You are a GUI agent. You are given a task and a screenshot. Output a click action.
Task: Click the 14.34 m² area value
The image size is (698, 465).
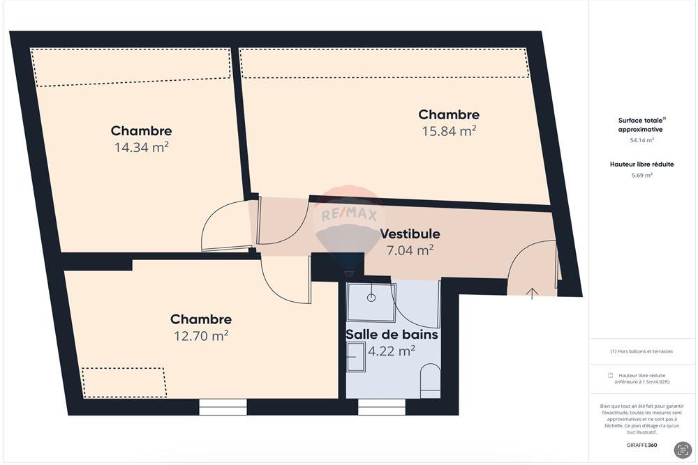pyautogui.click(x=142, y=147)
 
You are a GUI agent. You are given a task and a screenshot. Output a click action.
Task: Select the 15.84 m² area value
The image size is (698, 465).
pyautogui.click(x=449, y=131)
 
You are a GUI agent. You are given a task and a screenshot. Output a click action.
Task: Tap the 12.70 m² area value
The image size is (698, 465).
pyautogui.click(x=201, y=335)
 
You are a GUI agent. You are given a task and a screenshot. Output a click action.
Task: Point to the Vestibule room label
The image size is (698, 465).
pyautogui.click(x=410, y=234)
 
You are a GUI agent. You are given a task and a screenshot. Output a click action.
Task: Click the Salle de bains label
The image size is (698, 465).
pyautogui.click(x=392, y=335)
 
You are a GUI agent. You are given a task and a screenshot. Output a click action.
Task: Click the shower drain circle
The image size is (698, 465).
pyautogui.click(x=371, y=297)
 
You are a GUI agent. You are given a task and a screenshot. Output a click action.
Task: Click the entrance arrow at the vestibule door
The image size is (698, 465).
pyautogui.click(x=532, y=294)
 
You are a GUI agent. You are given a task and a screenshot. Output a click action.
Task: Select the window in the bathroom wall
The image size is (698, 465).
pyautogui.click(x=382, y=407)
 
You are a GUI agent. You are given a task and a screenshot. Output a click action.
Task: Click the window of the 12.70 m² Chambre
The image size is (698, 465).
pyautogui.click(x=223, y=407)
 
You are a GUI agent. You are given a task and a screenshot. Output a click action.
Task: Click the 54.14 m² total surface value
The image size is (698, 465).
pyautogui.click(x=641, y=140)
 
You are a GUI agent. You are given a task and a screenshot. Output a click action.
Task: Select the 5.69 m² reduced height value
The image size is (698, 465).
pyautogui.click(x=641, y=175)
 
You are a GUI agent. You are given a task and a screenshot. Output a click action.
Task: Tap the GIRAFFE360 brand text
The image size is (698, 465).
pyautogui.click(x=641, y=445)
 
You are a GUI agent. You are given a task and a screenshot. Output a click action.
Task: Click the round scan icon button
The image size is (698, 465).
pyautogui.click(x=682, y=450)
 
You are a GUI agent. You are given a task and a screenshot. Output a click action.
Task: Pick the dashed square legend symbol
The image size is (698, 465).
pyautogui.click(x=611, y=375)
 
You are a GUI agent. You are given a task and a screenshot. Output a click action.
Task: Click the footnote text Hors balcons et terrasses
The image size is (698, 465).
pyautogui.click(x=641, y=351)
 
